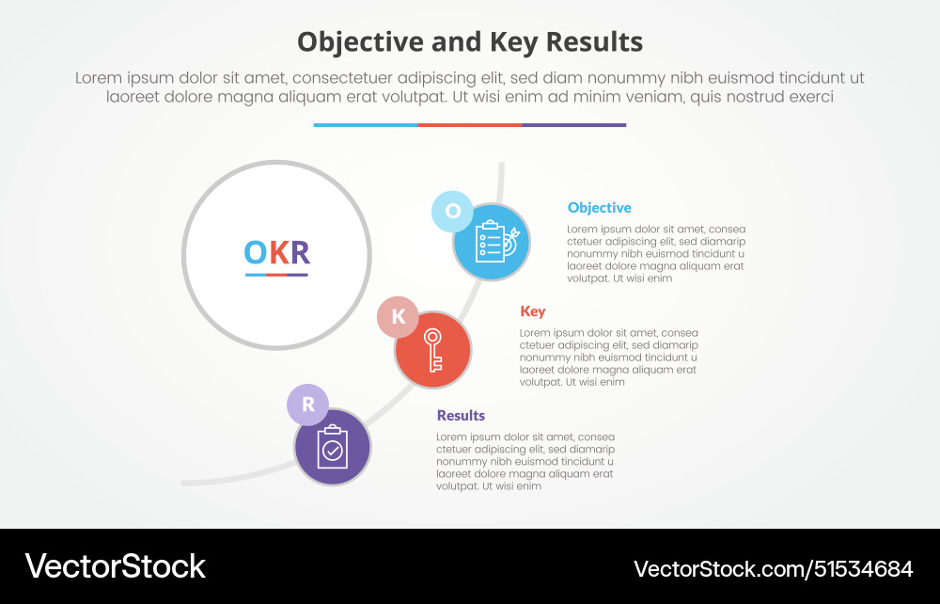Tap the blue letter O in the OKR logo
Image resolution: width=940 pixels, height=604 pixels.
[256, 252]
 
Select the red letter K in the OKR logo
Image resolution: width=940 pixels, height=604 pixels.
[278, 252]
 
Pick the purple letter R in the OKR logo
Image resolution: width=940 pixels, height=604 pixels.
[299, 252]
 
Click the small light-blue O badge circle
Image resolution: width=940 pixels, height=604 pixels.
[452, 211]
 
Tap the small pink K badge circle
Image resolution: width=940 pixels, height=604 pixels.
[398, 317]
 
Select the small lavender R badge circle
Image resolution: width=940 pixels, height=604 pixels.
[307, 405]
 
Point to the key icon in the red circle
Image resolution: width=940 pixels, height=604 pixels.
[432, 350]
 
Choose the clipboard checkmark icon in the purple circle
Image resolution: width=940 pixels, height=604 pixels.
[332, 447]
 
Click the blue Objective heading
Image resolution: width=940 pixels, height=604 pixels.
[599, 208]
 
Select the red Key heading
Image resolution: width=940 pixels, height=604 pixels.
[532, 311]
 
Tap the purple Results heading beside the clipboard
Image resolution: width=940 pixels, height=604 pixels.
[461, 416]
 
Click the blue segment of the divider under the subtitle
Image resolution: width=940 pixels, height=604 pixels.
[366, 124]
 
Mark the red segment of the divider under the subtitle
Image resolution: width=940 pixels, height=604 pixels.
[470, 124]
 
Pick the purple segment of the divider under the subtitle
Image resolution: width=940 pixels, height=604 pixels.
[573, 124]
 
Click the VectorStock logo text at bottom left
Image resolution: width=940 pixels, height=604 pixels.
[115, 566]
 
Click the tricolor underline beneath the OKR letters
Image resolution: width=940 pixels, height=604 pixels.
[276, 275]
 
